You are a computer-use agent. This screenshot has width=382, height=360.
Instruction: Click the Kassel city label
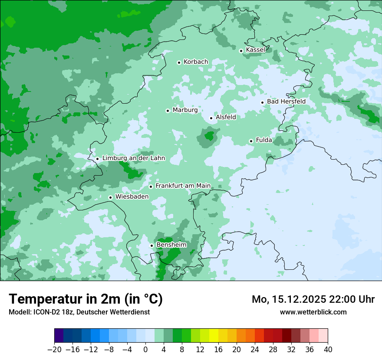coord(255,50)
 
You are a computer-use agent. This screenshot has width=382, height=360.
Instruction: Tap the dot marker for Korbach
coord(179,62)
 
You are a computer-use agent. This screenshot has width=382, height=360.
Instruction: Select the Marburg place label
coord(185,110)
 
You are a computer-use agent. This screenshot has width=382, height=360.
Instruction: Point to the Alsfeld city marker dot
coord(211,118)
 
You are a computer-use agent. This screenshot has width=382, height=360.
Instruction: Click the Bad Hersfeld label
coord(286,101)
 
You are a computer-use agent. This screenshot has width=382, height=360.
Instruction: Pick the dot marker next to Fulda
coord(251,141)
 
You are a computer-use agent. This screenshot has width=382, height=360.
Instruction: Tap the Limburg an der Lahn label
coord(133,158)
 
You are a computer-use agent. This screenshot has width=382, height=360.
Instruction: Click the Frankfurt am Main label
coord(183,186)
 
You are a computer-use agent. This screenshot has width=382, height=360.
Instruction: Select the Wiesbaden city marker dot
coord(110,197)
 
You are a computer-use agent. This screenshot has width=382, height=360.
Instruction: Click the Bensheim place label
coord(171,245)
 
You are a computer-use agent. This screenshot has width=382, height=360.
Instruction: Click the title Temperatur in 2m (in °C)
coord(86,299)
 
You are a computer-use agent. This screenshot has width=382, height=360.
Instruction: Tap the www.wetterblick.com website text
coord(313,312)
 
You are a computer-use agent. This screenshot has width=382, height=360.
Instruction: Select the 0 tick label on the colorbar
coord(145,350)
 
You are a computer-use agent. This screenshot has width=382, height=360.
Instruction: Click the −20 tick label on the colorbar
coord(54,350)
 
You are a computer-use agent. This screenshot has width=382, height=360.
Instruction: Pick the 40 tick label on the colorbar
coord(328,350)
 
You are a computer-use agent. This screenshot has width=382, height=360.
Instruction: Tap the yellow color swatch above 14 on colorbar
coord(214,336)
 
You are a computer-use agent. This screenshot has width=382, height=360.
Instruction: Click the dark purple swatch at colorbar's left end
coord(59,336)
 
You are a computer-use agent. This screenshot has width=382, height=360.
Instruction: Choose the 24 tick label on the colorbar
coord(255,350)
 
